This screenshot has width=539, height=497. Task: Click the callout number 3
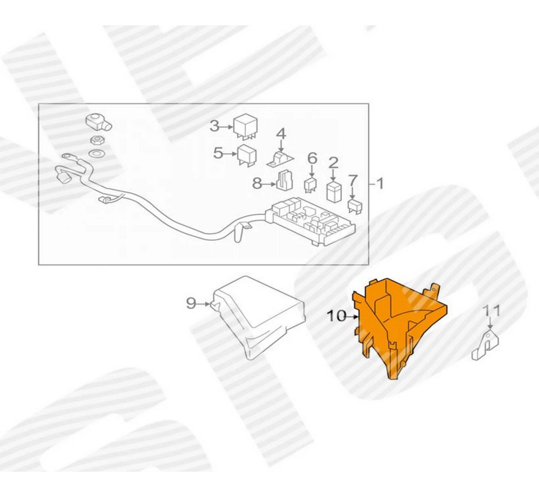[215, 127]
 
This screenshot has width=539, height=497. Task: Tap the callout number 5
[218, 153]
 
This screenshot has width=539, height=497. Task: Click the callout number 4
[281, 132]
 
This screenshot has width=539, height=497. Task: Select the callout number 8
[258, 184]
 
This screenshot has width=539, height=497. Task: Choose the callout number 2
[333, 162]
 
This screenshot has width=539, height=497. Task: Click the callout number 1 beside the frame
[380, 184]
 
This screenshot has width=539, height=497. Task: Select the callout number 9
[191, 303]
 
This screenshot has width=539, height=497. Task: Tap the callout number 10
[337, 316]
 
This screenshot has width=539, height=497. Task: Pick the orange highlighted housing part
[399, 323]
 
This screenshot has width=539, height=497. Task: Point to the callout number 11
[491, 311]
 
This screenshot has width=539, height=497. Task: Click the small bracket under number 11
[485, 347]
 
